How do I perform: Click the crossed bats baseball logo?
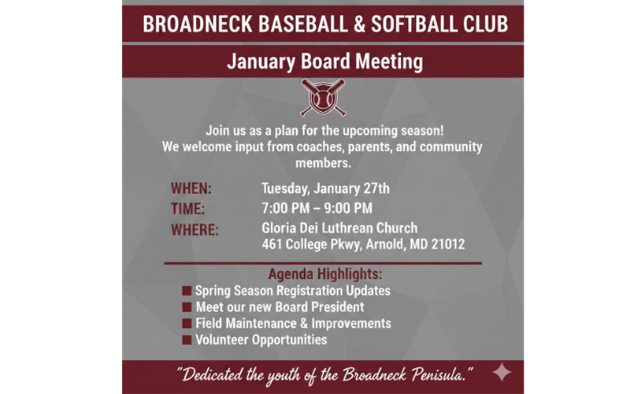tap(323, 97)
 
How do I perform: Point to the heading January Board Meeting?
tap(324, 61)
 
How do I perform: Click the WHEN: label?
tap(191, 189)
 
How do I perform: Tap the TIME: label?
tap(187, 209)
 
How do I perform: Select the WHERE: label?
tap(195, 230)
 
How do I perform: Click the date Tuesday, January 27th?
tap(325, 189)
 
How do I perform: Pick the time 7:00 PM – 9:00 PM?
tap(317, 209)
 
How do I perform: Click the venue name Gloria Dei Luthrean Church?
tap(339, 229)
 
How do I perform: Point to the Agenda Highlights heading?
tap(325, 275)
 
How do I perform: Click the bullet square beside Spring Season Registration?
tap(187, 291)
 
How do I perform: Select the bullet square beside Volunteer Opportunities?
tap(187, 340)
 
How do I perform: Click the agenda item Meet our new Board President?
tap(280, 307)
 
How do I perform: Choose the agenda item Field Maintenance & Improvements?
tap(293, 323)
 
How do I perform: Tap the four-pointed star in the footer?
tap(502, 372)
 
